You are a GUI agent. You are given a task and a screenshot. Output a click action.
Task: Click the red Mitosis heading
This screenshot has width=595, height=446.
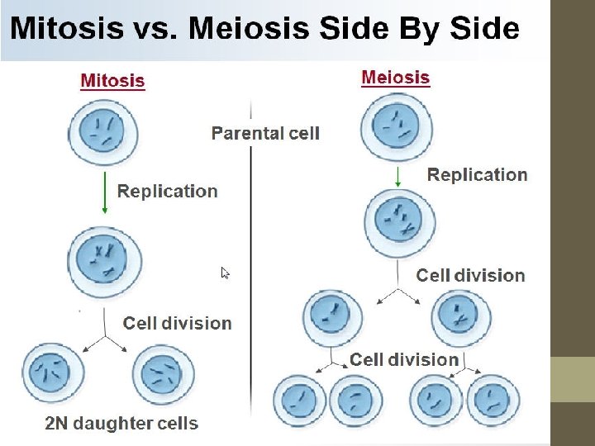click(x=112, y=81)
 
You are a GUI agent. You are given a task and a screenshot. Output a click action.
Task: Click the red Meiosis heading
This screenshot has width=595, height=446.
click(x=396, y=78)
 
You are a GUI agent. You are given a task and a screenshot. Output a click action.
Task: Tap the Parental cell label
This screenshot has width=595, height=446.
click(x=265, y=133)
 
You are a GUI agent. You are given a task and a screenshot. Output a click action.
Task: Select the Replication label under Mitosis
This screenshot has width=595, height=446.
click(x=168, y=191)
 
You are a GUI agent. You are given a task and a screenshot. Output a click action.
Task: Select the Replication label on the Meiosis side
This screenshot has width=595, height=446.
click(x=477, y=174)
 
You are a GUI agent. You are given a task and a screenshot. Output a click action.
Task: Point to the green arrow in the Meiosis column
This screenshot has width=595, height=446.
click(x=397, y=175)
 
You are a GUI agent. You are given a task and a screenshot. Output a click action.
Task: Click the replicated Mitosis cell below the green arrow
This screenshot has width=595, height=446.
click(x=103, y=259)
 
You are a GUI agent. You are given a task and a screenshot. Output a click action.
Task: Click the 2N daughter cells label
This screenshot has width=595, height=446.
click(x=121, y=424)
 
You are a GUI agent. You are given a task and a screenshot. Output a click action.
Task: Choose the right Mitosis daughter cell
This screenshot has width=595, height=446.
click(x=162, y=376)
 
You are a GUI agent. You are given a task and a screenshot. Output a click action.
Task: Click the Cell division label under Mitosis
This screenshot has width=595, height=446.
click(x=177, y=323)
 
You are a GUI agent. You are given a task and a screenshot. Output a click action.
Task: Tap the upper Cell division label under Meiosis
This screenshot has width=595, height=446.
click(x=470, y=275)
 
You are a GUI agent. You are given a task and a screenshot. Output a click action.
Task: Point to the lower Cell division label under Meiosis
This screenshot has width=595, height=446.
click(x=404, y=359)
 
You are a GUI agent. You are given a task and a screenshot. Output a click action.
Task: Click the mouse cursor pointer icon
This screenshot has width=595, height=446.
click(x=225, y=273)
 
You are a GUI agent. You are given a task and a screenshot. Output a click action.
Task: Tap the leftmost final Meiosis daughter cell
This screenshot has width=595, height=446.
click(x=299, y=401)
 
